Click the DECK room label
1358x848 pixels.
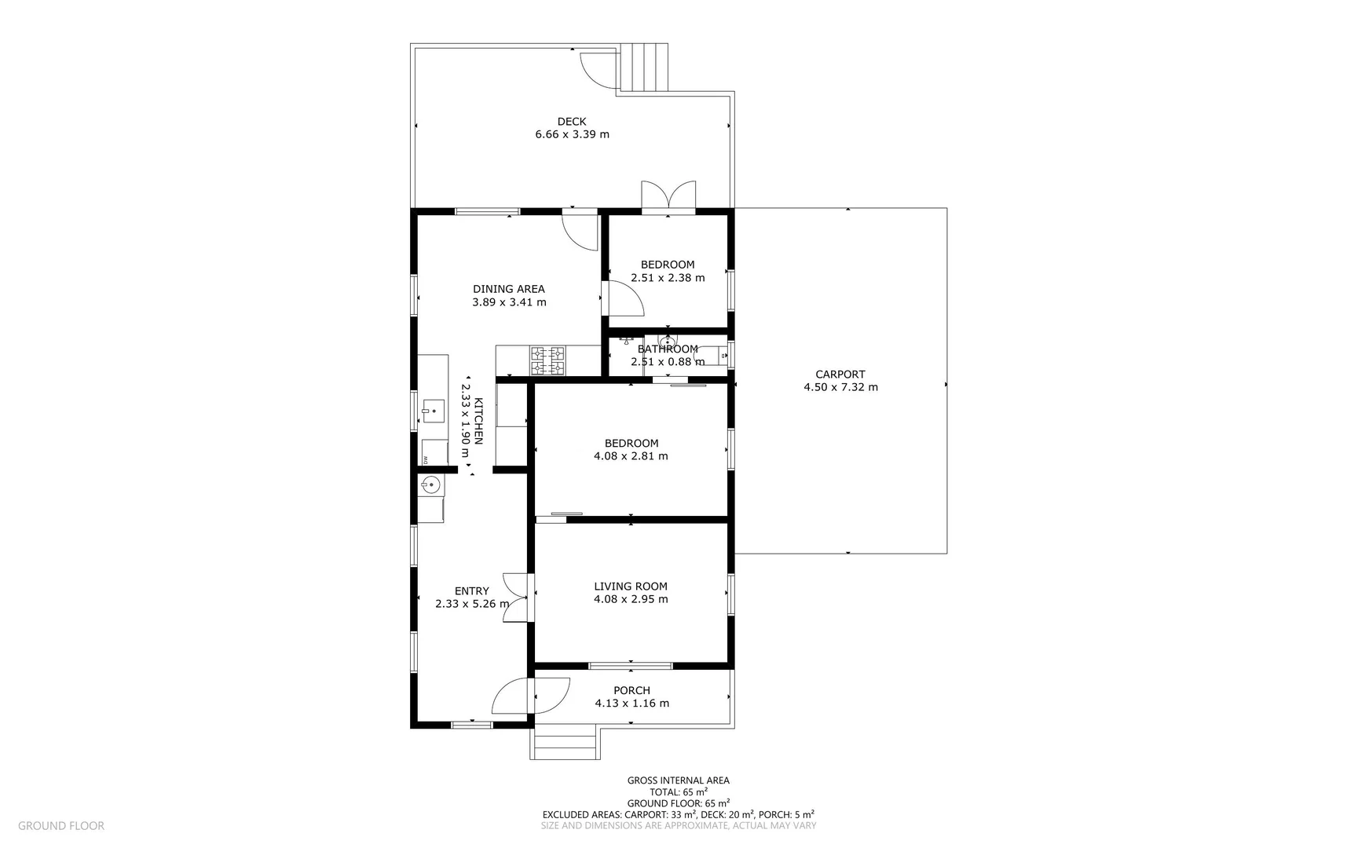click(572, 121)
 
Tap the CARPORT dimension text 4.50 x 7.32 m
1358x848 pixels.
click(840, 387)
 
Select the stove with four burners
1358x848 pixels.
click(547, 360)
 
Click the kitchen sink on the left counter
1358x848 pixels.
click(433, 409)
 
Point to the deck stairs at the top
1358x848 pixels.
click(642, 67)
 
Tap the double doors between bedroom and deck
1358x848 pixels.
click(668, 197)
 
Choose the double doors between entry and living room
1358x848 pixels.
click(515, 598)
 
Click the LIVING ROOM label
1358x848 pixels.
click(631, 586)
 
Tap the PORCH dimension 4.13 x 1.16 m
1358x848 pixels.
click(631, 704)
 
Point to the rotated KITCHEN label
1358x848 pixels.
click(478, 421)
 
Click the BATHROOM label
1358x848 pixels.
click(668, 349)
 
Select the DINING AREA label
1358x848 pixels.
click(508, 289)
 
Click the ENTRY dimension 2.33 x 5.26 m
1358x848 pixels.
click(472, 604)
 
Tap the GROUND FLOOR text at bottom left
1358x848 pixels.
click(61, 825)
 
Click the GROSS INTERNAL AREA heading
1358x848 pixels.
click(678, 780)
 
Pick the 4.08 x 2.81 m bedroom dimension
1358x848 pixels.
click(631, 456)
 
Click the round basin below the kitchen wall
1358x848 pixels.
click(429, 484)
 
